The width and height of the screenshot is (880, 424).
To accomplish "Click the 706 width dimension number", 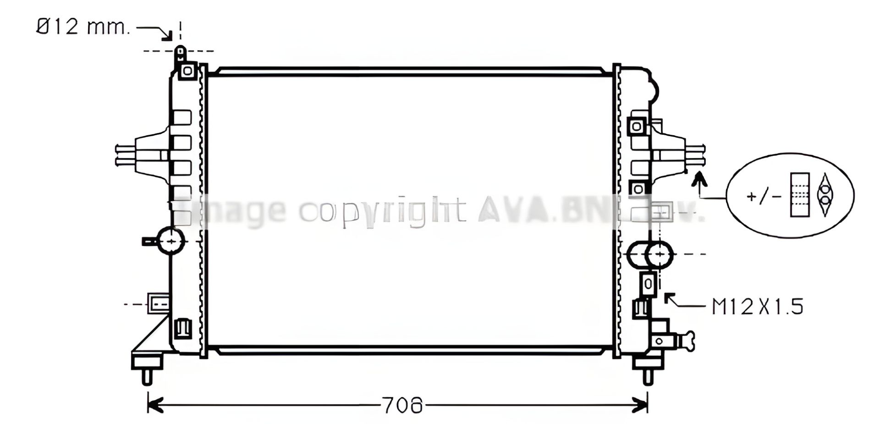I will [402, 405].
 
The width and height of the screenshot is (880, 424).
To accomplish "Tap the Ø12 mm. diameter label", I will [83, 28].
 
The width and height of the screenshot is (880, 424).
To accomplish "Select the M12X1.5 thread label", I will [757, 307].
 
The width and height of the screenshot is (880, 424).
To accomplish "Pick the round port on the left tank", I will [171, 240].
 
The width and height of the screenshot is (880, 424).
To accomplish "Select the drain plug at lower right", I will [687, 341].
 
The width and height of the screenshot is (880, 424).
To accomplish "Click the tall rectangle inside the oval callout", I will [799, 194].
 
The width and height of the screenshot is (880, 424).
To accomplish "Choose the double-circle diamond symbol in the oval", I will [825, 194].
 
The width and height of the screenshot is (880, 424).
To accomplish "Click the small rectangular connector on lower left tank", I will [159, 303].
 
